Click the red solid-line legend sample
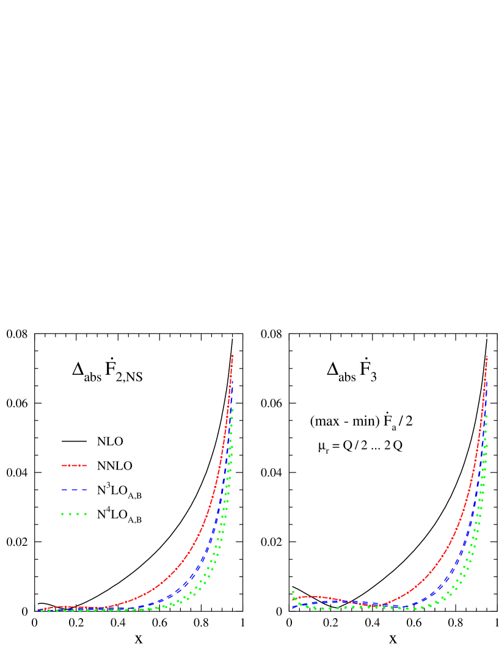(74, 465)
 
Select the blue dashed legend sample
(74, 490)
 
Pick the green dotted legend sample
(74, 514)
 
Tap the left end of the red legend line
(62, 465)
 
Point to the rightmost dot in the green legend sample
(86, 514)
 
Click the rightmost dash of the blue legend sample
(83, 490)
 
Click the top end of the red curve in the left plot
(233, 355)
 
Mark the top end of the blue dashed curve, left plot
(232, 380)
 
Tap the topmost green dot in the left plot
(232, 410)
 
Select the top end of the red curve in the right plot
(487, 356)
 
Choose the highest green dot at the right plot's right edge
(486, 416)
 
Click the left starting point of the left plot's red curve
(38, 609)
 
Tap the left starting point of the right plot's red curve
(294, 599)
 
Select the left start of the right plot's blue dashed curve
(294, 608)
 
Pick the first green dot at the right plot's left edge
(293, 592)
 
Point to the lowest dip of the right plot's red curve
(379, 605)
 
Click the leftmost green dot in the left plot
(42, 611)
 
